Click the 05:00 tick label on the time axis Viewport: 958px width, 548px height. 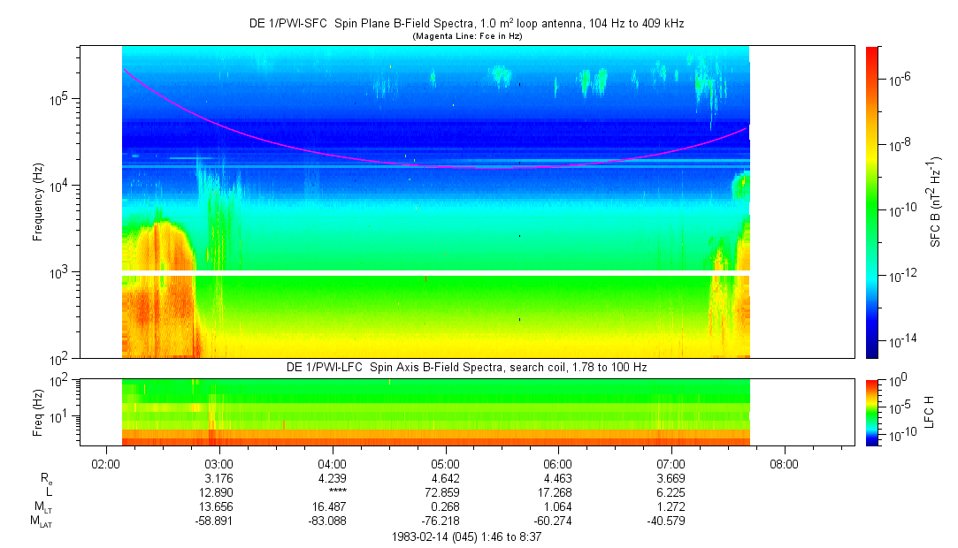(x=445, y=463)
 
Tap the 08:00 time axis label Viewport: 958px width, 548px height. (x=784, y=463)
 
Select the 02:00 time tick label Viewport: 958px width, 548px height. (x=106, y=463)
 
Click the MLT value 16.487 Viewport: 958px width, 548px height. (x=332, y=508)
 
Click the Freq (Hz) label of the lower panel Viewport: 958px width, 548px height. (x=38, y=412)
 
